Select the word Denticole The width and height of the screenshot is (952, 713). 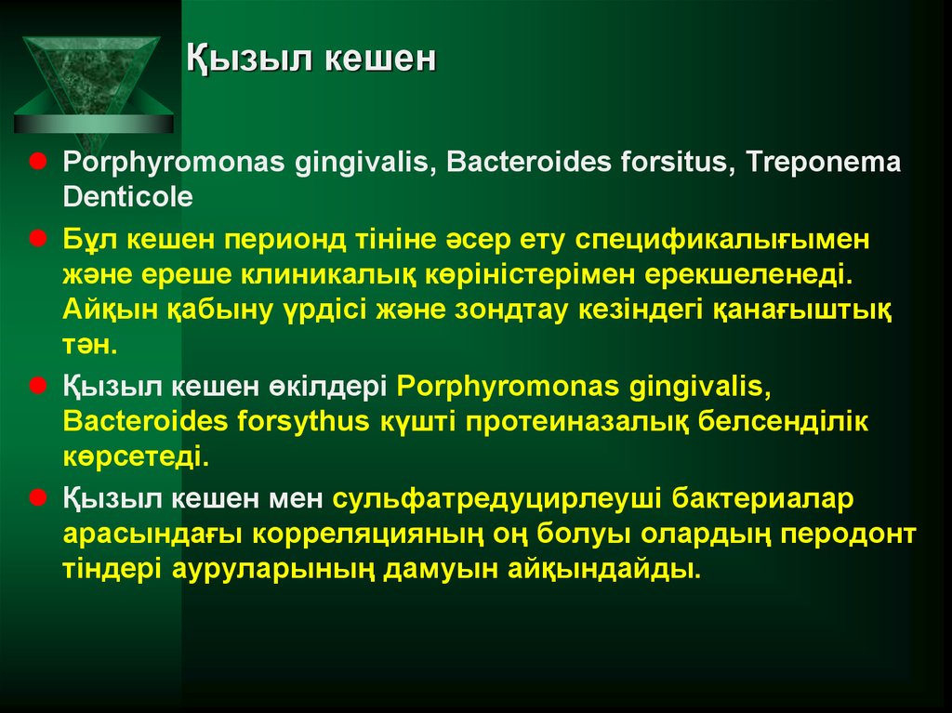127,197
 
